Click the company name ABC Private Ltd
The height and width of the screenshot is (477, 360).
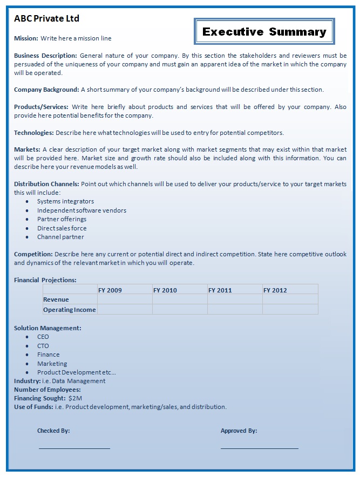[x=46, y=19]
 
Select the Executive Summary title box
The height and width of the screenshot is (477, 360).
[x=264, y=32]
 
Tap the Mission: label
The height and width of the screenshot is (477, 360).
[x=26, y=38]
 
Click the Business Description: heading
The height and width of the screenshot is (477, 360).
[x=46, y=56]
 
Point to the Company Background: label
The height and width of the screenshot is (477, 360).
[x=46, y=90]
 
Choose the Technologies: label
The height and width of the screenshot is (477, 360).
[x=33, y=133]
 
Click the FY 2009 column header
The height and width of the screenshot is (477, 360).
[x=110, y=290]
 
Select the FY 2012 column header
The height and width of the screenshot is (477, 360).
[x=275, y=290]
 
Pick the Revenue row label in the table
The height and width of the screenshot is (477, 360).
[x=56, y=299]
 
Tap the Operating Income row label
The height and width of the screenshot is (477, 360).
[x=69, y=310]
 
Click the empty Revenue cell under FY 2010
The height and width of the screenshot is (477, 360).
[x=179, y=299]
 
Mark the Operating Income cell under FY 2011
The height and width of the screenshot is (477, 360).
[x=234, y=310]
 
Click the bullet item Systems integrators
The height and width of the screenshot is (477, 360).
[x=65, y=202]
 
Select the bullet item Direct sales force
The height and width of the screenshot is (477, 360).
[x=62, y=228]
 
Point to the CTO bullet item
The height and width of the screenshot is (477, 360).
[x=43, y=346]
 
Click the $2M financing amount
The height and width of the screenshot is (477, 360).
[x=75, y=398]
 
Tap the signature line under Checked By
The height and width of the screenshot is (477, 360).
[x=74, y=448]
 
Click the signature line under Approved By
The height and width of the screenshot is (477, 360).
[x=259, y=448]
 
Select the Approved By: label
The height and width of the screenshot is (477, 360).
[x=239, y=431]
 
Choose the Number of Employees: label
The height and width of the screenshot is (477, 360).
[x=47, y=390]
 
